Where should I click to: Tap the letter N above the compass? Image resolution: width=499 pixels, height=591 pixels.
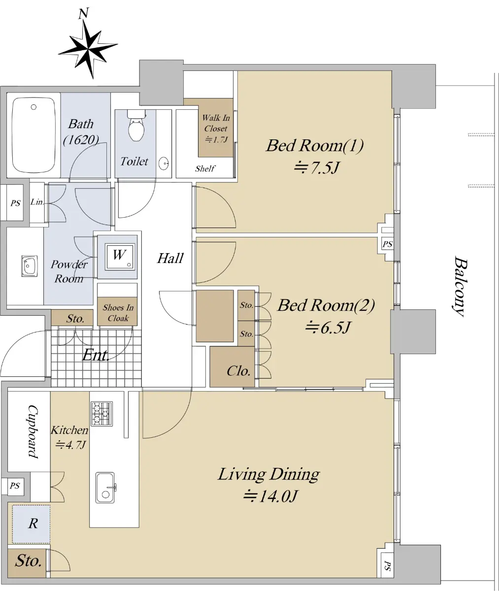[84, 13]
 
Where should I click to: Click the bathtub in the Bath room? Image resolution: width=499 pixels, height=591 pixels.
[33, 135]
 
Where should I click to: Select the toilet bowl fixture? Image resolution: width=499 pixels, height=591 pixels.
[136, 126]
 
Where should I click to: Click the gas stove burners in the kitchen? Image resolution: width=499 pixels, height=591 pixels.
[101, 413]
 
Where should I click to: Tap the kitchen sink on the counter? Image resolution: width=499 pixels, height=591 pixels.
[105, 488]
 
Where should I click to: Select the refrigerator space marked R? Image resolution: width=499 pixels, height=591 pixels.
[32, 524]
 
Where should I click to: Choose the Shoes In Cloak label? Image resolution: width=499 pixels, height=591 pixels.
[118, 313]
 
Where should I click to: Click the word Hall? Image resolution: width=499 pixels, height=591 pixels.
[170, 258]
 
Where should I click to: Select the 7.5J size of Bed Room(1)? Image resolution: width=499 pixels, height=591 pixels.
[316, 168]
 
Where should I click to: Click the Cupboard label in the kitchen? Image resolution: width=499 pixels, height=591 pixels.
[33, 431]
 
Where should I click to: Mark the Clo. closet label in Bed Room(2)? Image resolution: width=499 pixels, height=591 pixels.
[238, 371]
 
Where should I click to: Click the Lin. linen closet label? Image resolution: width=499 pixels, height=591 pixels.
[37, 202]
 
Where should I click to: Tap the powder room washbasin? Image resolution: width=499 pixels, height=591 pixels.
[29, 266]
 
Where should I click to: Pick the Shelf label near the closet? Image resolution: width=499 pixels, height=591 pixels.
[205, 168]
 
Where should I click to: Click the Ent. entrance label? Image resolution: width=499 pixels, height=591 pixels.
[96, 355]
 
